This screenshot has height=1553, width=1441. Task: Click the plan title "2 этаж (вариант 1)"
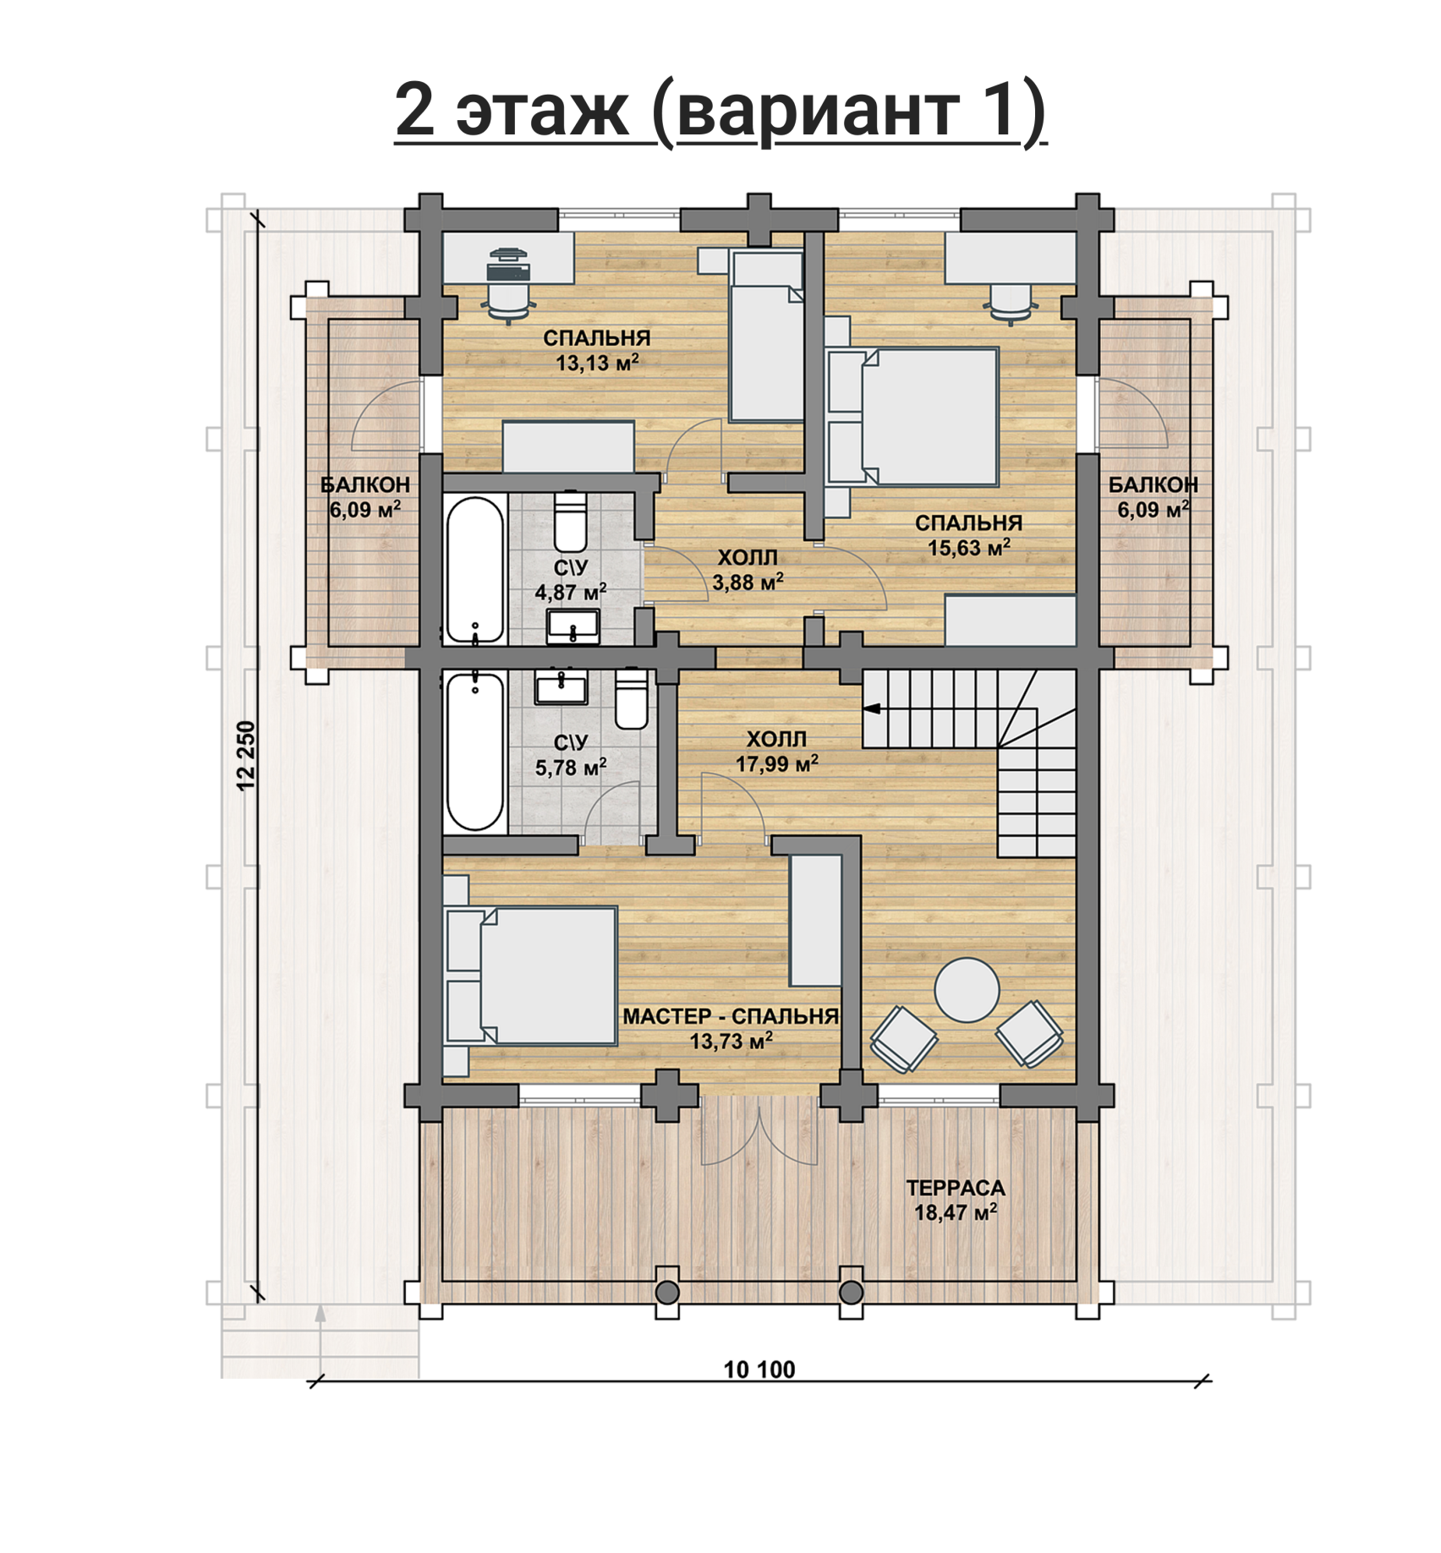(x=720, y=112)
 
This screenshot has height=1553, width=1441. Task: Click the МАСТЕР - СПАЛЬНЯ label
(x=731, y=1016)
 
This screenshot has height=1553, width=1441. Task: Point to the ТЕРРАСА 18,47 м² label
(x=956, y=1200)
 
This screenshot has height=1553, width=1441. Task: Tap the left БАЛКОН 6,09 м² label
(x=364, y=497)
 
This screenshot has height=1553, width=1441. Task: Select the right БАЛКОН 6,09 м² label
(x=1153, y=497)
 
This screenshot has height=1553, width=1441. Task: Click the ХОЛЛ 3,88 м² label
(x=748, y=570)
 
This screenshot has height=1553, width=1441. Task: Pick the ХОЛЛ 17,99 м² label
(x=776, y=752)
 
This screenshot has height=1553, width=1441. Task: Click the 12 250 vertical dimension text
(x=246, y=755)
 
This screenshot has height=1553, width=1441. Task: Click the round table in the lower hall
(x=967, y=990)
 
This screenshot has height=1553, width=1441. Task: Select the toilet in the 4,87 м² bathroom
(x=570, y=522)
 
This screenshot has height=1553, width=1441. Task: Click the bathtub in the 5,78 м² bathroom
(x=475, y=751)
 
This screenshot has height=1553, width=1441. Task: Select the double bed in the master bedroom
(x=530, y=976)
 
